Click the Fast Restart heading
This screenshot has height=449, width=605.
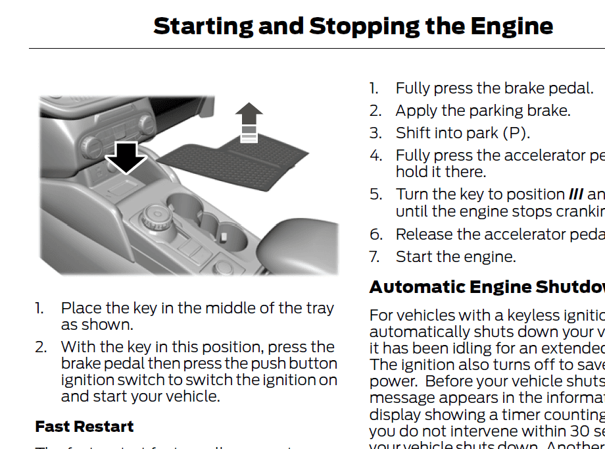pos(84,426)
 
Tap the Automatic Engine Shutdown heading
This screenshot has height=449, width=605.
pos(487,287)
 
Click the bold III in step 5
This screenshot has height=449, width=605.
pos(575,195)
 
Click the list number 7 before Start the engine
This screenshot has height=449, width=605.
pos(375,257)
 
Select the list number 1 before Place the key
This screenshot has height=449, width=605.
pos(39,308)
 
